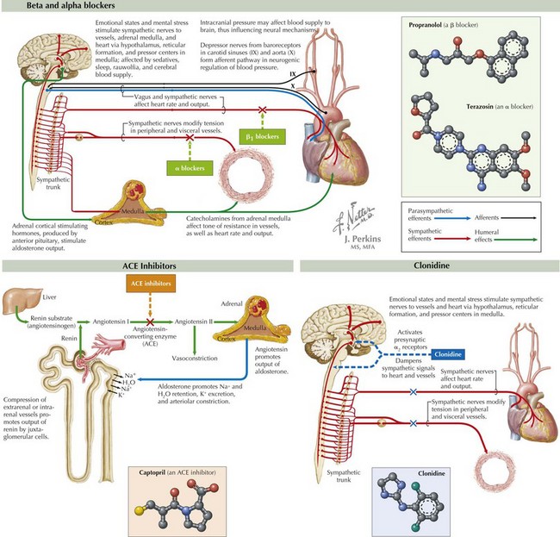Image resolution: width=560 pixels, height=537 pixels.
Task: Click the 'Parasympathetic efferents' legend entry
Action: tap(421, 215)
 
